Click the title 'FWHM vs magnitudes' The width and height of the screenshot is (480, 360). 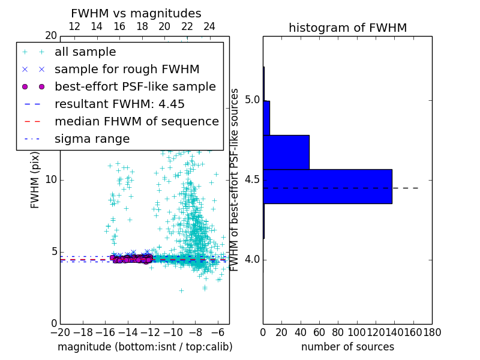point(136,13)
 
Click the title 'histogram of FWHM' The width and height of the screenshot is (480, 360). point(347,28)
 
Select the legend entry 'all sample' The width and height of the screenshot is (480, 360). point(85,52)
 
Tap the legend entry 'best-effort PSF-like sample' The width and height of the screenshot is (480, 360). point(135,86)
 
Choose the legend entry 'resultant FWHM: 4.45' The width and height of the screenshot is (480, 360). point(119,104)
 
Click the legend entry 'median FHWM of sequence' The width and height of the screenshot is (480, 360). point(136,121)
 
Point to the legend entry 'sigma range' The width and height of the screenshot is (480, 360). point(92,139)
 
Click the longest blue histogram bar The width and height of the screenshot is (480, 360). point(327,187)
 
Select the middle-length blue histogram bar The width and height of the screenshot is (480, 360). point(286,152)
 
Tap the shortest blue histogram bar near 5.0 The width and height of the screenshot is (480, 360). point(266,118)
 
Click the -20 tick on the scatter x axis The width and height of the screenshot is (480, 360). point(60,332)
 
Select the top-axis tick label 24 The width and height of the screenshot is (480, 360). point(209,26)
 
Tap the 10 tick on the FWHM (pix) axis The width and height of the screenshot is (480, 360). point(50,179)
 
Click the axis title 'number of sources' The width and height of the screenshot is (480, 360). point(347,347)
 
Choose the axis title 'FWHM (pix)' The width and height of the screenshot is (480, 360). point(35,180)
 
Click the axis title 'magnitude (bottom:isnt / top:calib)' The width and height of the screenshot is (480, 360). point(145,347)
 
